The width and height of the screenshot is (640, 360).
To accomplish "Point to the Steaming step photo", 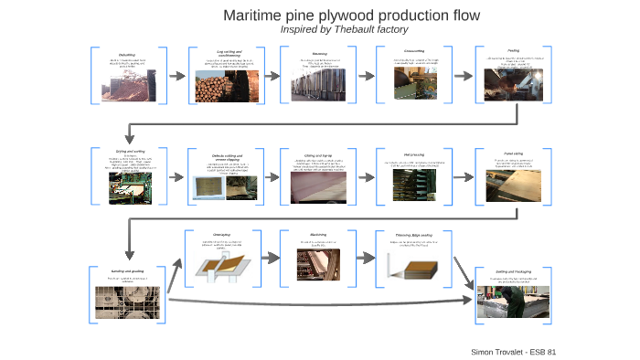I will click(315, 86).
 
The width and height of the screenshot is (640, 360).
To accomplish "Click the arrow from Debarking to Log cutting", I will click(176, 73).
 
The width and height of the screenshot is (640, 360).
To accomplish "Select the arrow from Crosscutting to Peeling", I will click(456, 73).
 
